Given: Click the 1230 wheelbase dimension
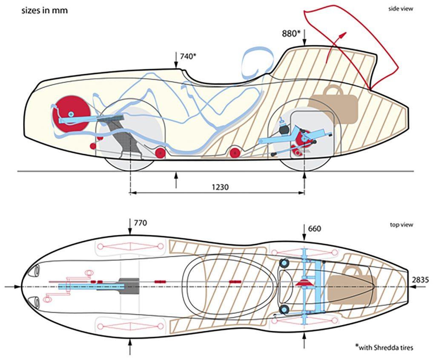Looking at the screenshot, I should pos(220,187).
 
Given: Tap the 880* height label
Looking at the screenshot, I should pos(293,33).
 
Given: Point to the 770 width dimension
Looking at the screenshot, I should pos(141,223).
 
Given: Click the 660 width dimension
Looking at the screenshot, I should pos(315,229).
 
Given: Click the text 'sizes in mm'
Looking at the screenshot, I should pos(44,10).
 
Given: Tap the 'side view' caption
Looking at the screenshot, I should pos(400,9).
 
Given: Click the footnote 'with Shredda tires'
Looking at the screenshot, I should pos(386,347).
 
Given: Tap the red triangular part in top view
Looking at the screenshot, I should pos(304,283).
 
